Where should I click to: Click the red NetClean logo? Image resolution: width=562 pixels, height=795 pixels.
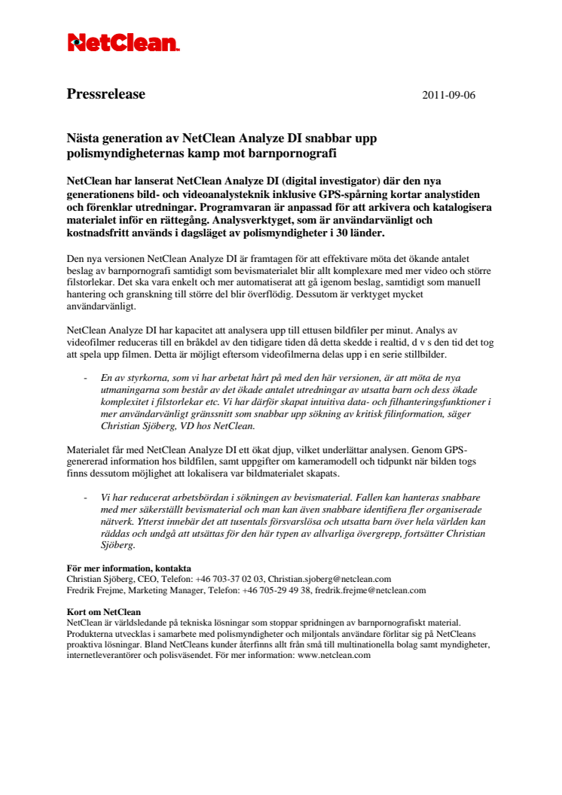[x=124, y=43]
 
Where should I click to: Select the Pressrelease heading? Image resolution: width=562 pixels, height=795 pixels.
[x=105, y=95]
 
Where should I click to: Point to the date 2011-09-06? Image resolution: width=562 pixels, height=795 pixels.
[x=448, y=96]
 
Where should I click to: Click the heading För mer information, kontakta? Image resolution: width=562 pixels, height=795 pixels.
[x=128, y=568]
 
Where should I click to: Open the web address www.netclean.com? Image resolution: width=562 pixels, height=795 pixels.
[x=334, y=655]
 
